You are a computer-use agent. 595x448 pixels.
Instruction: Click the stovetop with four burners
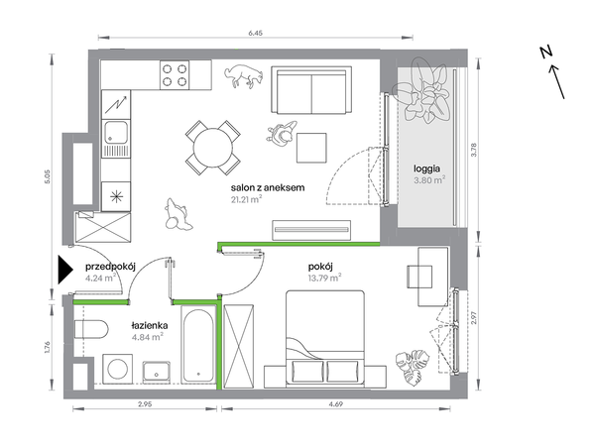[175, 75]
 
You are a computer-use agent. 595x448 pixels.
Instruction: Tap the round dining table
[213, 148]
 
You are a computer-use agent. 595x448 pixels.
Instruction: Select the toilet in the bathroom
[91, 329]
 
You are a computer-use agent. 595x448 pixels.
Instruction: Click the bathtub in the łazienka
[197, 345]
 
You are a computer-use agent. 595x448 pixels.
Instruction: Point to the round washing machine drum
[118, 367]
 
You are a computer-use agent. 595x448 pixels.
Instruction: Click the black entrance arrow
[64, 270]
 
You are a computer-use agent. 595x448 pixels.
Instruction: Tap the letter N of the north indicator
[545, 52]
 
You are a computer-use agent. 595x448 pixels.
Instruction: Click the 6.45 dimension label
[256, 33]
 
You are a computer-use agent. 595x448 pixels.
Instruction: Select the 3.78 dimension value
[473, 150]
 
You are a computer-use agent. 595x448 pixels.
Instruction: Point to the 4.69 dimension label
[336, 404]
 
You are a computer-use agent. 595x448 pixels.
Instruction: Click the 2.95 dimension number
[145, 404]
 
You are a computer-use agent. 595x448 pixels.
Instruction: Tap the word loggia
[426, 168]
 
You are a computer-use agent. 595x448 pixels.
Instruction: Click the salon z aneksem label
[268, 187]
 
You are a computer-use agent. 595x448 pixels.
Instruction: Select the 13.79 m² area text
[324, 279]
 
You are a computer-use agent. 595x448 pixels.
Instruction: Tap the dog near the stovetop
[243, 76]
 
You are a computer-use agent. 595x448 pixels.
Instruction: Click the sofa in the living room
[311, 90]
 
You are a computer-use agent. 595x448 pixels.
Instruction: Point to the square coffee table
[311, 148]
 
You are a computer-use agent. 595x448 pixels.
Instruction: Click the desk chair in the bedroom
[419, 277]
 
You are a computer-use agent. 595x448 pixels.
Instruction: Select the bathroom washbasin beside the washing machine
[157, 372]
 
